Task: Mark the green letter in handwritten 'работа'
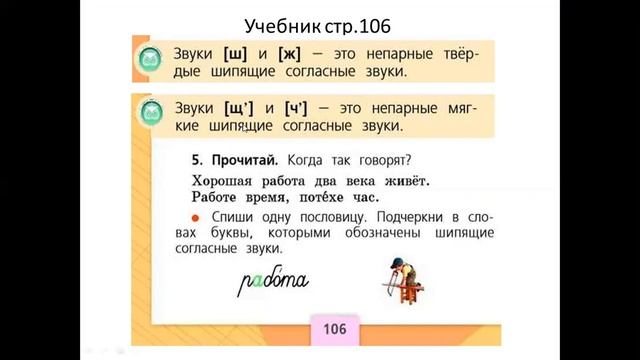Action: [x=257, y=285]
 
